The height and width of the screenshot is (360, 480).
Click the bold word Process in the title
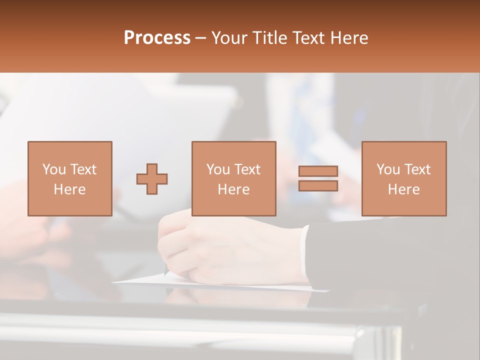tap(157, 38)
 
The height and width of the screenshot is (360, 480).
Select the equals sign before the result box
tap(318, 178)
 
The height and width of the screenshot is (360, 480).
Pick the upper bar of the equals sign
tap(318, 171)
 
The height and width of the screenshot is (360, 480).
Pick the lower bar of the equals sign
tap(318, 185)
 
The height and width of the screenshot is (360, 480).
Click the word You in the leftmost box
tap(53, 169)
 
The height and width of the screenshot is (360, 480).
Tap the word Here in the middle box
tap(233, 189)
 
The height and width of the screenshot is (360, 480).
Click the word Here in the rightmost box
tap(403, 189)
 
